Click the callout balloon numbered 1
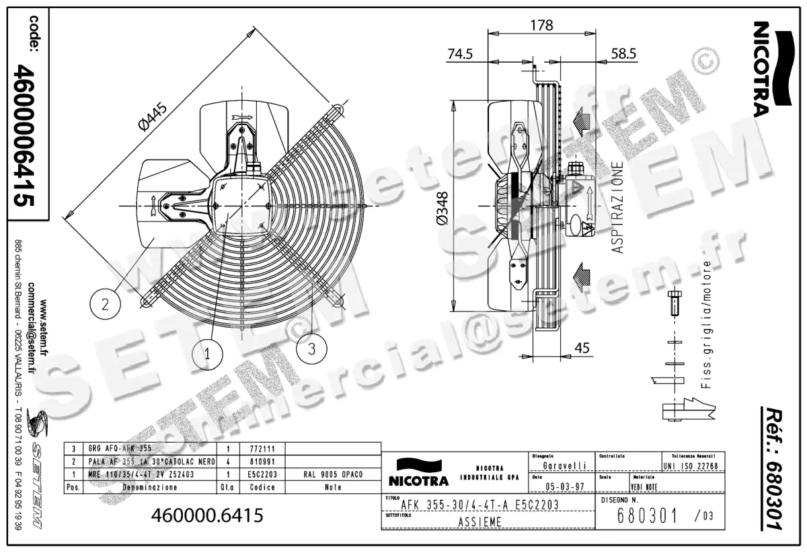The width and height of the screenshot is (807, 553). (x=207, y=352)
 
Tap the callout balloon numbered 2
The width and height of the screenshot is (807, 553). (x=105, y=305)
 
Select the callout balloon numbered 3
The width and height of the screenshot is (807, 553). (x=311, y=349)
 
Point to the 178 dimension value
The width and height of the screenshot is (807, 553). (x=541, y=26)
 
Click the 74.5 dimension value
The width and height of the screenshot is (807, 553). (x=460, y=54)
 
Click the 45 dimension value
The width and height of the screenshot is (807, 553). (x=582, y=348)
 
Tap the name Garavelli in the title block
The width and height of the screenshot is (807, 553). (x=564, y=465)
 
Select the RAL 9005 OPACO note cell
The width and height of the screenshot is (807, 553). (x=334, y=474)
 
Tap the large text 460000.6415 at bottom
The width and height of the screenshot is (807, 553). (x=207, y=515)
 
